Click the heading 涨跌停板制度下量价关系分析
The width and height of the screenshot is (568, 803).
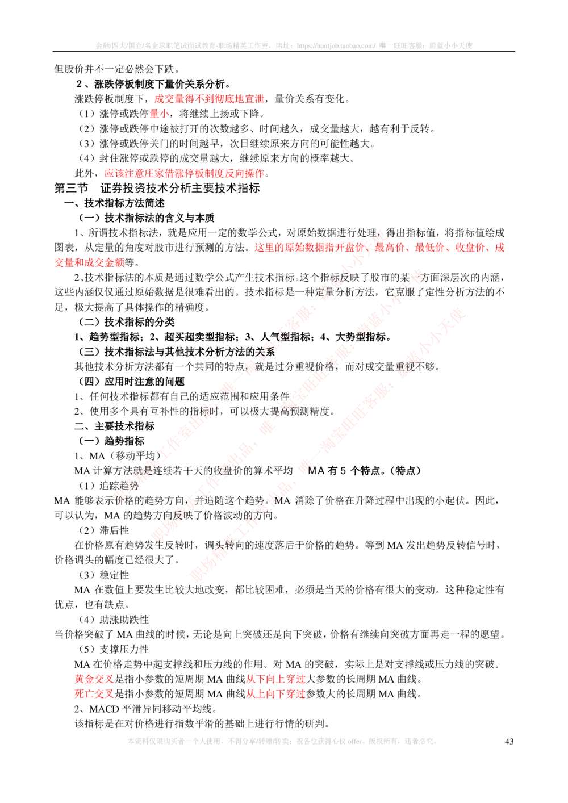point(162,84)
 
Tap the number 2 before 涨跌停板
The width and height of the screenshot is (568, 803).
point(80,84)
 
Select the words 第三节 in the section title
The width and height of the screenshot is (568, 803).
point(71,189)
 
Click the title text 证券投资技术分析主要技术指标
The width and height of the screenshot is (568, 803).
point(180,189)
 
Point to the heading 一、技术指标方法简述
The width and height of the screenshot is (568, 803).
point(114,203)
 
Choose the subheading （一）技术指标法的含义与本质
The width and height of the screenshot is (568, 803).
point(146,218)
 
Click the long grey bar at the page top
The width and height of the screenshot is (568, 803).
point(284,45)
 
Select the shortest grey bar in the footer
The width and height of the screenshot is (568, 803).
point(420,741)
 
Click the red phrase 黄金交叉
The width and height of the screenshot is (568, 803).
point(94,679)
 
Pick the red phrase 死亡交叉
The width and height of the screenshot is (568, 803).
point(94,693)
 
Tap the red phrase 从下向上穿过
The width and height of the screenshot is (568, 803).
point(276,679)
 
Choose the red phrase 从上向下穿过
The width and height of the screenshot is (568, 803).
point(276,693)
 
